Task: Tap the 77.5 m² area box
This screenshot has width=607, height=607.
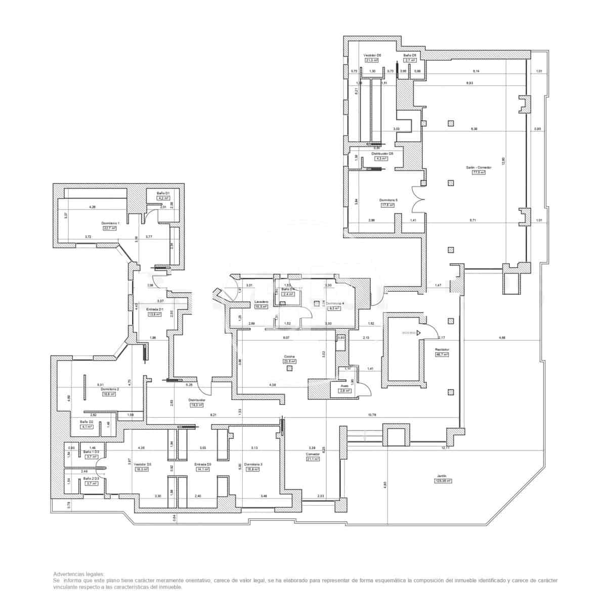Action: point(478,172)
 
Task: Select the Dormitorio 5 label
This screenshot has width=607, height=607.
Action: point(388,200)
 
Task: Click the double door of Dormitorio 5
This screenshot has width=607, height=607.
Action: point(418,200)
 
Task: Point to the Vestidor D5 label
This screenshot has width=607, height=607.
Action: point(372,55)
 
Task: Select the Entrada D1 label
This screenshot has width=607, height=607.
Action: point(154,309)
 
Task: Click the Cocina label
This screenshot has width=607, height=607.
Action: point(289,356)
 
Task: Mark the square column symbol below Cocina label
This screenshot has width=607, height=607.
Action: point(289,368)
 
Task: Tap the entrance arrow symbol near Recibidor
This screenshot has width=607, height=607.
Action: point(418,333)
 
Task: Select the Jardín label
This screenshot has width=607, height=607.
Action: point(442,475)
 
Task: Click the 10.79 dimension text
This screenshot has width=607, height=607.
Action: point(372,415)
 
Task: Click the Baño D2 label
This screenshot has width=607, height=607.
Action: point(86,421)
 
